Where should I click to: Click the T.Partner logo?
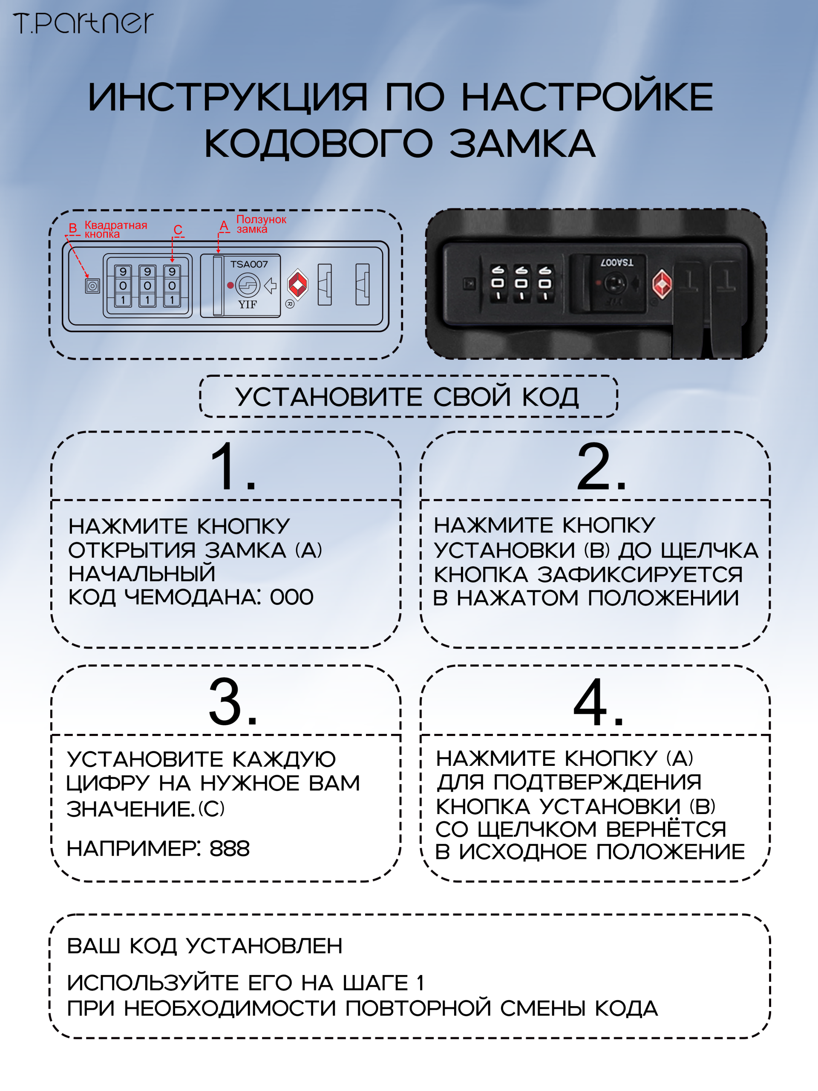(x=83, y=23)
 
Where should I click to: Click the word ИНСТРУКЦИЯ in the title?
(x=228, y=97)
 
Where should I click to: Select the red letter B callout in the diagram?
(x=73, y=228)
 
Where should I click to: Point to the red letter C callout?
(x=178, y=229)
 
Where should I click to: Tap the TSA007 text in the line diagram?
(x=249, y=264)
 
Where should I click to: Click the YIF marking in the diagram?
(x=248, y=304)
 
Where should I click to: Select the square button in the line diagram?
(x=92, y=286)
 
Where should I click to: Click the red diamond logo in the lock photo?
(x=662, y=284)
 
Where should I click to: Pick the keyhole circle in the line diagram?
(x=248, y=285)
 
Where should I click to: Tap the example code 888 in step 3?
(x=230, y=849)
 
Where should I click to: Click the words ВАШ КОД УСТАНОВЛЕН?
(x=204, y=946)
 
